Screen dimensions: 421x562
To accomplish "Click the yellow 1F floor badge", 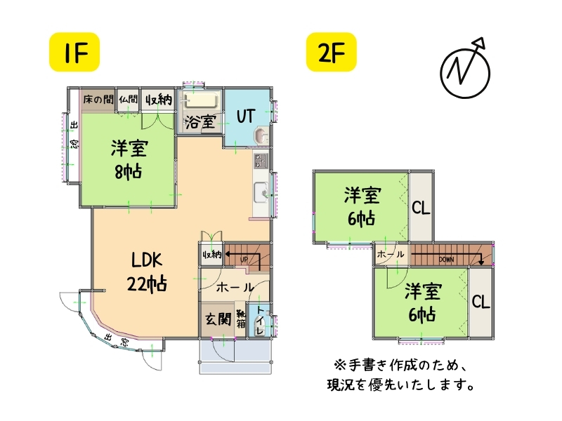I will pyautogui.click(x=73, y=52).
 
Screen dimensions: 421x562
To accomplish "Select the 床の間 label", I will pyautogui.click(x=98, y=100).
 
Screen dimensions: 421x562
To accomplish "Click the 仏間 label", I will pyautogui.click(x=128, y=100).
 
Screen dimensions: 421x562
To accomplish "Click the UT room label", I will pyautogui.click(x=245, y=116).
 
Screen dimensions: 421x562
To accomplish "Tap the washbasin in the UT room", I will pyautogui.click(x=259, y=135).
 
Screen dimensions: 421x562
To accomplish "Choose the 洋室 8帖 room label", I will pyautogui.click(x=127, y=159).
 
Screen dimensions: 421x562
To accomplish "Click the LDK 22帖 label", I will pyautogui.click(x=146, y=272).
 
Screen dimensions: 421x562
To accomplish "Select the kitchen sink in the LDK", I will pyautogui.click(x=261, y=190).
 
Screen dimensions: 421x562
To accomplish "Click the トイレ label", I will pyautogui.click(x=260, y=319).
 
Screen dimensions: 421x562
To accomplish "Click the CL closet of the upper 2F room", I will pyautogui.click(x=421, y=208).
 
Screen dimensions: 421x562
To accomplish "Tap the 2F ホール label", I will pyautogui.click(x=390, y=254).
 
